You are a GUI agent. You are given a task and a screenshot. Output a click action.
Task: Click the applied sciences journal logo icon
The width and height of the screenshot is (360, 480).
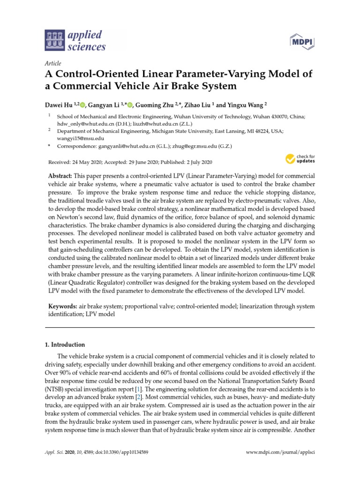click(55, 40)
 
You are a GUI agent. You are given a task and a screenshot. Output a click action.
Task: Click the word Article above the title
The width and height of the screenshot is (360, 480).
click(52, 63)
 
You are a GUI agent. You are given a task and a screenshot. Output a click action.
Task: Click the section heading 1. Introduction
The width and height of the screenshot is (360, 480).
click(65, 345)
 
